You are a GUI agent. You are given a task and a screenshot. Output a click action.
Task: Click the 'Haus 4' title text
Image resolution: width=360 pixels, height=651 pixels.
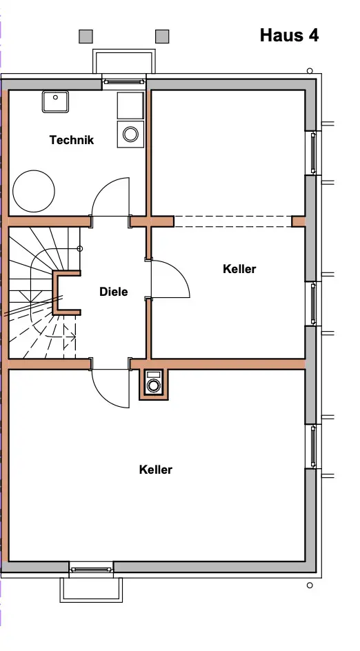[x=289, y=35]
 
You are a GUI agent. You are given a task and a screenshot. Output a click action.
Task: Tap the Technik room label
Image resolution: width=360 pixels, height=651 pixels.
[x=72, y=140]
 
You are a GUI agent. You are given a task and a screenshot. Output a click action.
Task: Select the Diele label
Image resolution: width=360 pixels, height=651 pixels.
[x=113, y=292]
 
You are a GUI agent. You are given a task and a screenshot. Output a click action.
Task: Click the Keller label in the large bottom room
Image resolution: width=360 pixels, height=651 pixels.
[x=156, y=470]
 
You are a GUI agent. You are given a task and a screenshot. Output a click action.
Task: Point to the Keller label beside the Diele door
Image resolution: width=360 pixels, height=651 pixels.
[x=239, y=269]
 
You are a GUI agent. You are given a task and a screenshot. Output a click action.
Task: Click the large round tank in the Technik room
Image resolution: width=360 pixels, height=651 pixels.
[x=34, y=191]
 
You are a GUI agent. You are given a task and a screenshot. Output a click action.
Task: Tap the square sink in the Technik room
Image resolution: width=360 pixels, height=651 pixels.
[x=55, y=102]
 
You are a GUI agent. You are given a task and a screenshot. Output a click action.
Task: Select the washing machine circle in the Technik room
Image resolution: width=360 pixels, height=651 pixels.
[x=130, y=134]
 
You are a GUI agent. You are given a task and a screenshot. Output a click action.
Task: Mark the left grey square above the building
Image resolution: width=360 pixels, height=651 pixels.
[x=86, y=36]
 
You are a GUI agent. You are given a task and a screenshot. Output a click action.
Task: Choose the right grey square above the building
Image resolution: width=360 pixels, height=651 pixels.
[x=162, y=36]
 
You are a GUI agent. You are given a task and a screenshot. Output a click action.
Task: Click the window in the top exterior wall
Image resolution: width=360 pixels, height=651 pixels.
[x=123, y=82]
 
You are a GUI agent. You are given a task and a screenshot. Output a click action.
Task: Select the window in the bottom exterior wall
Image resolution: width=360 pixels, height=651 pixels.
[x=91, y=570]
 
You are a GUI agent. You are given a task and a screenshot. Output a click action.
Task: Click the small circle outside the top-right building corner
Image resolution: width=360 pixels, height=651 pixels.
[x=310, y=71]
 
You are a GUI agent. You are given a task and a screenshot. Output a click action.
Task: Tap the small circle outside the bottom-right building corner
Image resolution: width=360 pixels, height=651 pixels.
[x=310, y=585]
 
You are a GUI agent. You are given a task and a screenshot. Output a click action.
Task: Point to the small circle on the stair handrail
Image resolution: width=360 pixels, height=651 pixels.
[x=80, y=249]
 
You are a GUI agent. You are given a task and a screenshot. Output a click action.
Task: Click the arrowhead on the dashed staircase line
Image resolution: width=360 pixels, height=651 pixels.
[x=73, y=337]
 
